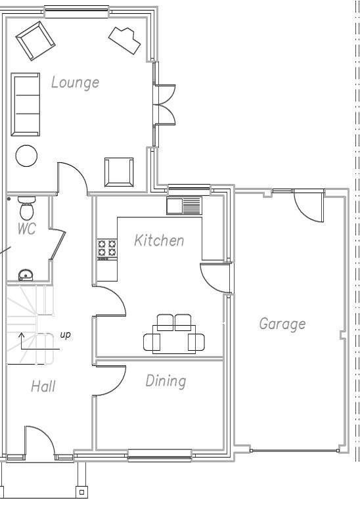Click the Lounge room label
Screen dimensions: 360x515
(x=75, y=82)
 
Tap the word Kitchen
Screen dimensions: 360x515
(x=159, y=240)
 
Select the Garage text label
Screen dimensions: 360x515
(x=282, y=324)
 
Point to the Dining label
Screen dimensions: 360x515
(x=166, y=381)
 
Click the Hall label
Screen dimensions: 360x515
(x=43, y=386)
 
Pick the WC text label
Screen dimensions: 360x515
(x=26, y=229)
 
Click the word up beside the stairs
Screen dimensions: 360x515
(x=65, y=335)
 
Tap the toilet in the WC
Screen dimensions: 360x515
(x=26, y=208)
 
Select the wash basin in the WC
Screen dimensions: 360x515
(x=26, y=275)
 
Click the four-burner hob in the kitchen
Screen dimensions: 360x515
(x=107, y=250)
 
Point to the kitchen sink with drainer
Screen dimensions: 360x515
(x=184, y=206)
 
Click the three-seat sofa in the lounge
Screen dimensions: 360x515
(x=26, y=104)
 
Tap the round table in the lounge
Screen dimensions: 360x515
(x=26, y=156)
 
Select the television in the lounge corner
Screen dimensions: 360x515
(x=125, y=40)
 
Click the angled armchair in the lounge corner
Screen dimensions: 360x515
(x=35, y=41)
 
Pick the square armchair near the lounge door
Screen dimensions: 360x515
(x=119, y=172)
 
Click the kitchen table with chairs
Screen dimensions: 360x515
(x=173, y=334)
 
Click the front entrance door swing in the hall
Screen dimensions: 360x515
(x=39, y=440)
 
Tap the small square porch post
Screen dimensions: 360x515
(x=81, y=491)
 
